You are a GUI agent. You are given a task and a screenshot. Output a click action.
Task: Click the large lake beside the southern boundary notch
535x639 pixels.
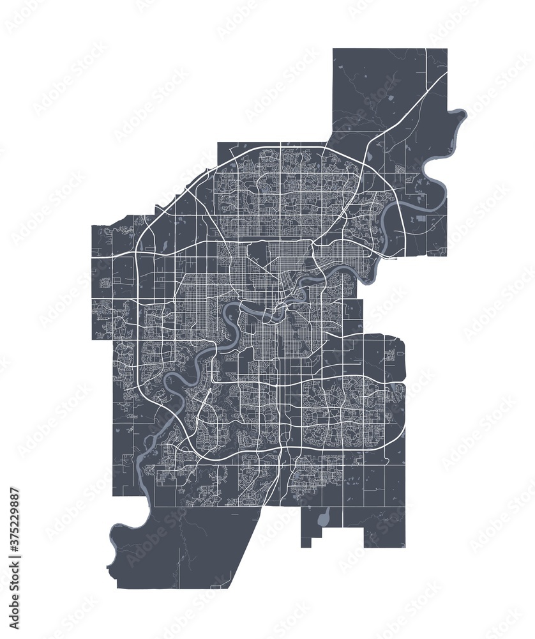(323, 516)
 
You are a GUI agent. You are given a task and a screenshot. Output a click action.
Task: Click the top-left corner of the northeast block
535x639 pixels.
(333, 49)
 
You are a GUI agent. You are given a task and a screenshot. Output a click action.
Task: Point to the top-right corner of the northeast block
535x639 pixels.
(446, 49)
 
